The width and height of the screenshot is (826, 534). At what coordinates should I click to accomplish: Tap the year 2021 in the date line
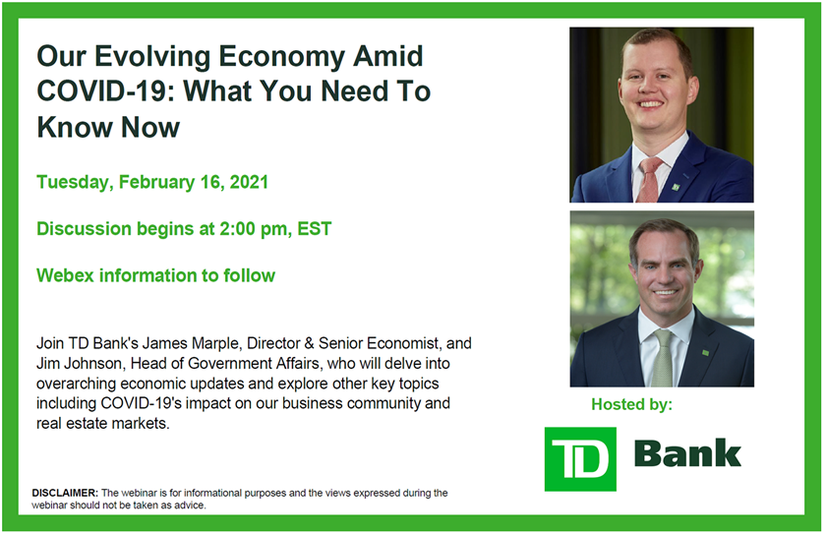click(249, 182)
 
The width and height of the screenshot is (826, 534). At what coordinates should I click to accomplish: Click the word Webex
click(65, 275)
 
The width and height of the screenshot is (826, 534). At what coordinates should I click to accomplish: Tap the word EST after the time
click(315, 229)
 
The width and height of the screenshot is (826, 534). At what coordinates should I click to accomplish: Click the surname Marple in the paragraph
click(216, 344)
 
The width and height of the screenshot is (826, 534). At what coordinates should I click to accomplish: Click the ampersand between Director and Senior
click(309, 343)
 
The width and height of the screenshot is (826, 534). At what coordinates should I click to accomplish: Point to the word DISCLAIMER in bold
click(65, 494)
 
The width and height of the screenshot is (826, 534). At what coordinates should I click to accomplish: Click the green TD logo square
click(580, 459)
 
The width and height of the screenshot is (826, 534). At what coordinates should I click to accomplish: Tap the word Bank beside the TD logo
click(687, 453)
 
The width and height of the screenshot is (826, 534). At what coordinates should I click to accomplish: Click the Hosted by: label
click(631, 404)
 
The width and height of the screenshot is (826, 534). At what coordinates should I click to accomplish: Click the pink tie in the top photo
click(650, 179)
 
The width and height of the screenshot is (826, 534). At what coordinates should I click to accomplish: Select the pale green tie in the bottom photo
click(662, 358)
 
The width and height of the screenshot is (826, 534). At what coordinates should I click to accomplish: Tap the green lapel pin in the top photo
click(676, 187)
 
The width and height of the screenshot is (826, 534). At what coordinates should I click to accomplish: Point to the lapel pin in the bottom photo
click(705, 352)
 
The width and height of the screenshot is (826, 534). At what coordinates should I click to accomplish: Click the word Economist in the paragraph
click(402, 344)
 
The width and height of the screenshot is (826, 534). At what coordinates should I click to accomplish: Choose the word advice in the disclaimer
click(190, 505)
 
